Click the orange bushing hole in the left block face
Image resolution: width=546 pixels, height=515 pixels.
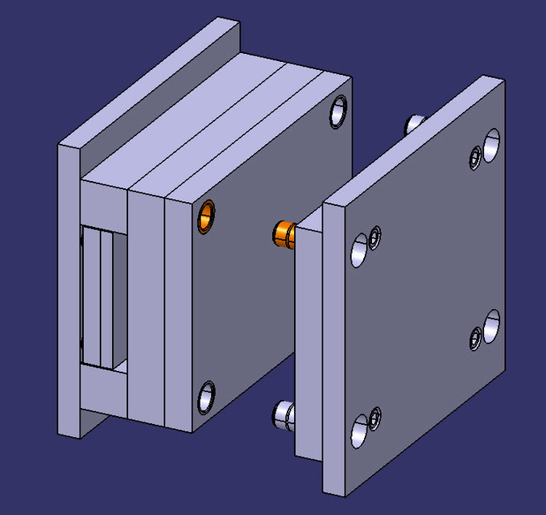coord(207,216)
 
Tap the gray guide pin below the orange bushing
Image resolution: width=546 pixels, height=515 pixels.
coord(284,414)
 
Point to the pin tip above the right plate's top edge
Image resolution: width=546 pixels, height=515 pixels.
coord(415,124)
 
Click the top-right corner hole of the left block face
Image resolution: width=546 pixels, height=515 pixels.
coord(338,112)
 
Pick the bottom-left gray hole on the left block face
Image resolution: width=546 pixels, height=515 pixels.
coord(207,397)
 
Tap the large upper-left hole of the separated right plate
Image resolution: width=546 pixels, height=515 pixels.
coord(359,249)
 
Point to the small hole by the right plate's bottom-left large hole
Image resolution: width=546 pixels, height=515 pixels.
coord(374,417)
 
